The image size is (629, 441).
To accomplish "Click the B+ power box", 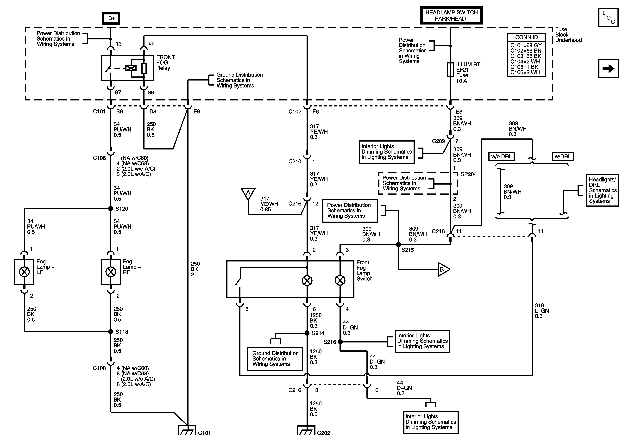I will pos(111,18).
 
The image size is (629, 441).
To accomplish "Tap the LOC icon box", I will pos(608,17).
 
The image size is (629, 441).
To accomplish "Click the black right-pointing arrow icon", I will pos(608,68).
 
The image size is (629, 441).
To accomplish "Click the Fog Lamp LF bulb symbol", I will pos(24,272).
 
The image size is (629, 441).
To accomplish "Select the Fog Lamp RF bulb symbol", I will pos(111,272).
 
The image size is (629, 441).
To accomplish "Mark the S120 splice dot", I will pos(111,209).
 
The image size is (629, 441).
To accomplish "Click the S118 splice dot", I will pos(111,332).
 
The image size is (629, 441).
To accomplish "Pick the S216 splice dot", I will pos(340,342).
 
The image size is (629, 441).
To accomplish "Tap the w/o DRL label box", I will pos(501,156).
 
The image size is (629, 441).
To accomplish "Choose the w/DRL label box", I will pos(562,156).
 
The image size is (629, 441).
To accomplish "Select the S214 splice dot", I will pos(307,333).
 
